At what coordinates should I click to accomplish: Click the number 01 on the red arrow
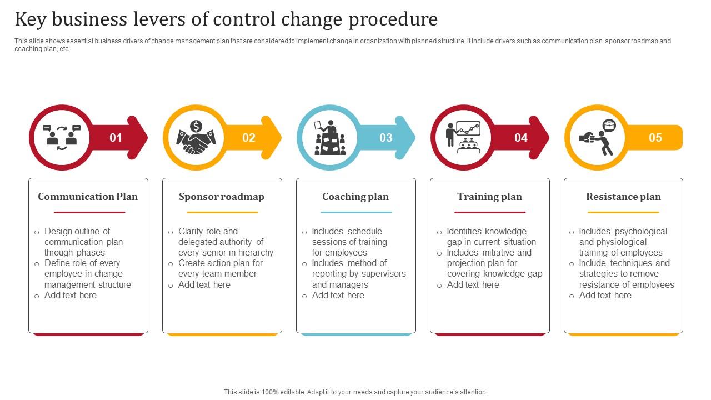coord(116,138)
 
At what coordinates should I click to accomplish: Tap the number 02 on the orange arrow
coord(249,138)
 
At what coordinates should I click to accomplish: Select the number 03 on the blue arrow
coord(385,138)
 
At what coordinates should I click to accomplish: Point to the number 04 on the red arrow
coord(520,138)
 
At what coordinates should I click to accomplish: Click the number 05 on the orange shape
coord(655,138)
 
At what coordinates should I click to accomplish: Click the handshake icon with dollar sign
coord(196,138)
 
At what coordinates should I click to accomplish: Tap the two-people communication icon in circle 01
coord(62,137)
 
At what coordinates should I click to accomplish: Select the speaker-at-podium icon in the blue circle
coord(330,138)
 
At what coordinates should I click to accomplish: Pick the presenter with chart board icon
coord(463,137)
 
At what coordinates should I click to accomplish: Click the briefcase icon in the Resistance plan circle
coord(609,125)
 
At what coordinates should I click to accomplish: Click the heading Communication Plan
coord(88,197)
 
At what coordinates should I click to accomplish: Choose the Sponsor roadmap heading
coord(222,197)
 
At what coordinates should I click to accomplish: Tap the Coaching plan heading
coord(355,197)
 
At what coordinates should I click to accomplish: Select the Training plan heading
coord(489,197)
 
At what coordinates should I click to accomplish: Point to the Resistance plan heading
coord(623,197)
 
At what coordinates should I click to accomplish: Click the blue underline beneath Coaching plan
coord(355,212)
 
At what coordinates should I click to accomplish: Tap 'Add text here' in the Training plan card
coord(473,284)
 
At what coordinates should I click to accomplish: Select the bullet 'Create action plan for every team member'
coord(220,268)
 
